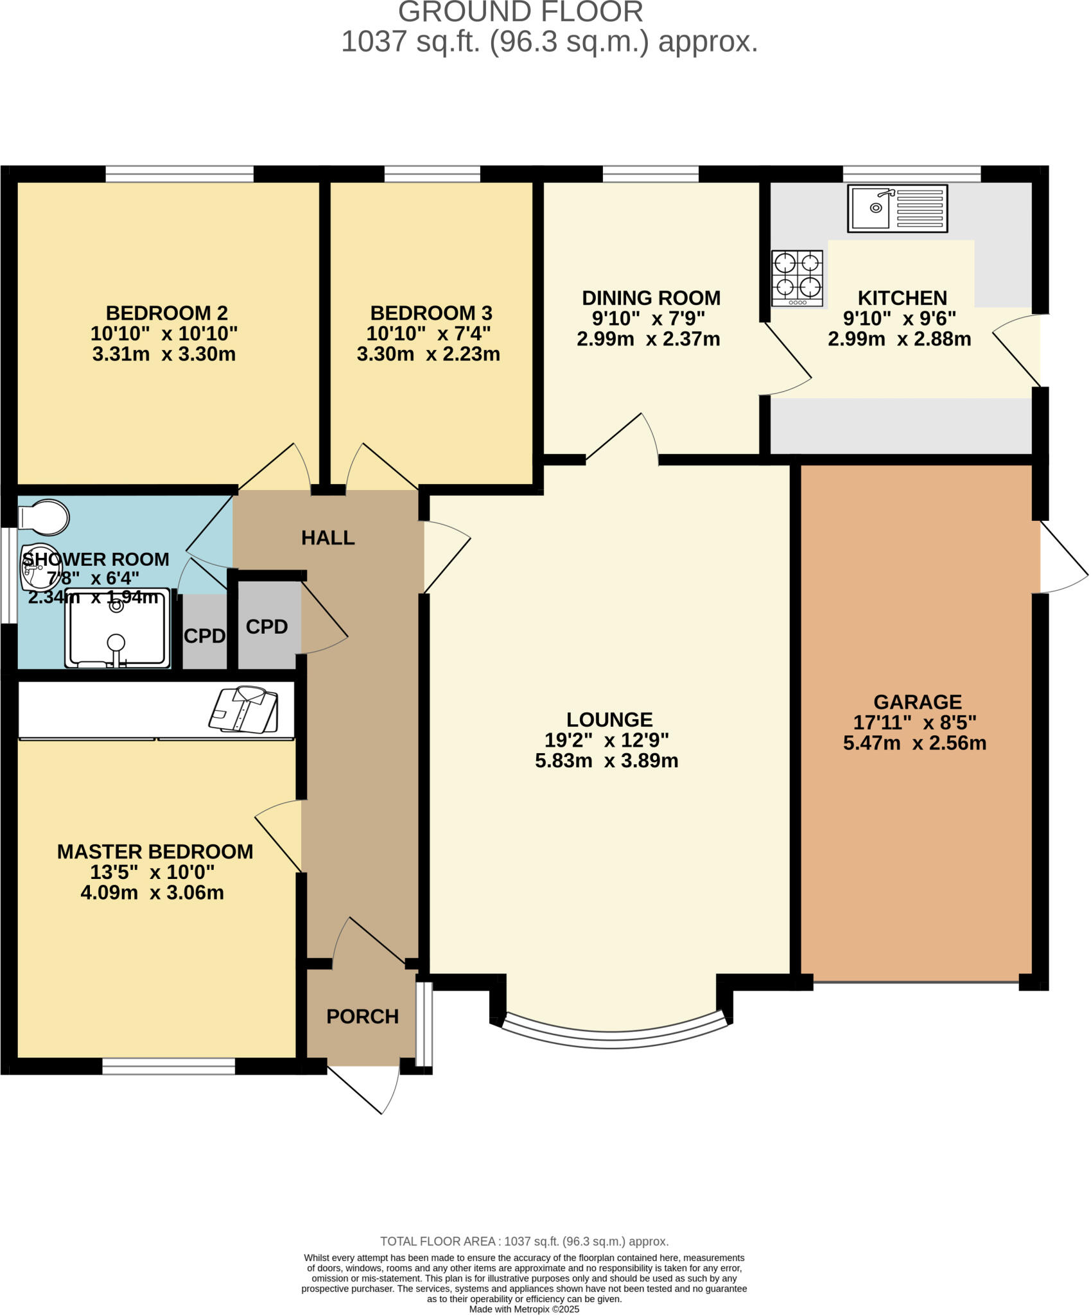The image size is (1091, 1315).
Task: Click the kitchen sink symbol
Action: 897,208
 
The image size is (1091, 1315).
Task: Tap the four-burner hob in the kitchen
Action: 797,278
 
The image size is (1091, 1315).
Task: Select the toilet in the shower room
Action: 44,517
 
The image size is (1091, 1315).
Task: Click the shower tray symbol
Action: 117,627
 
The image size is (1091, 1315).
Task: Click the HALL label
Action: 328,538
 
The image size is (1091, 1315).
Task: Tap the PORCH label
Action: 362,1016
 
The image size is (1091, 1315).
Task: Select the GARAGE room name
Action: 917,702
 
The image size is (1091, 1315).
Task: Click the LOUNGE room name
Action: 609,719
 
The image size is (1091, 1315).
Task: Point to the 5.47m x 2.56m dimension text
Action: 914,743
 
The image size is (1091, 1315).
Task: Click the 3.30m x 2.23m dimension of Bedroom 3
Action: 428,354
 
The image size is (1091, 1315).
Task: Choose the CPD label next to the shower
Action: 204,636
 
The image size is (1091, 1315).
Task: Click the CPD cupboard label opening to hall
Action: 266,627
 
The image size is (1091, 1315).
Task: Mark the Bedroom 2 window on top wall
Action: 179,174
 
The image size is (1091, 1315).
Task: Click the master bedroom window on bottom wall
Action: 168,1067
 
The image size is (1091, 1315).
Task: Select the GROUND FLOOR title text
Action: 520,12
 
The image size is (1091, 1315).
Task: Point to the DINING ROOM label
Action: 651,298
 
